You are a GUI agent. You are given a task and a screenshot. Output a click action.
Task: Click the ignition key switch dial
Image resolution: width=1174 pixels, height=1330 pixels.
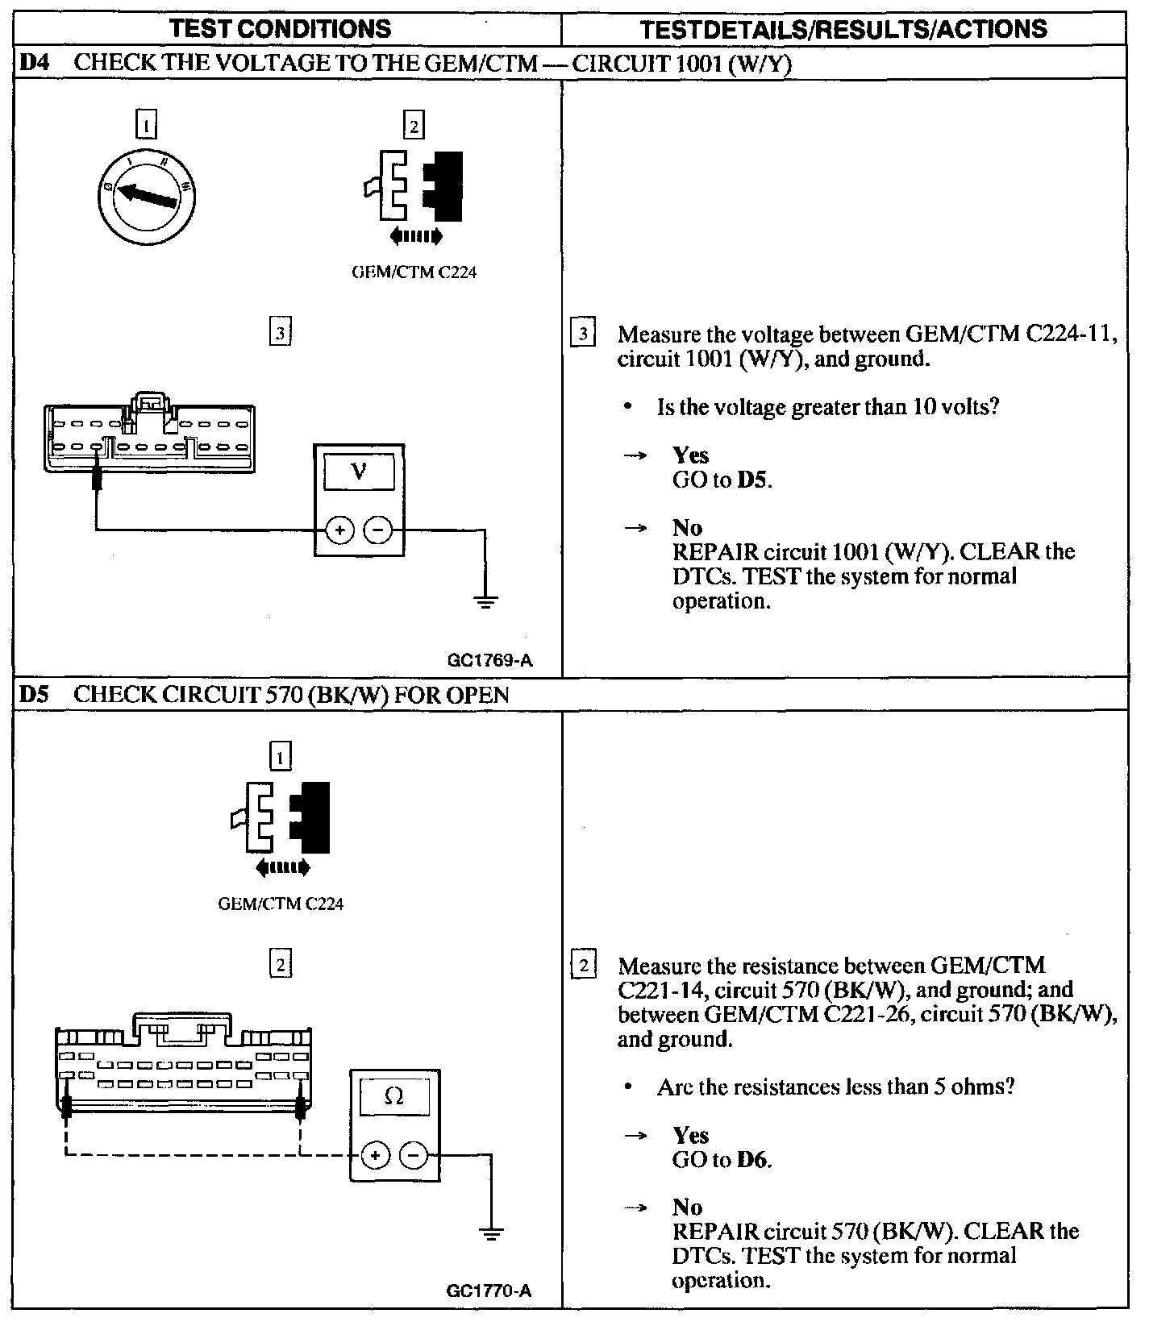[x=146, y=196]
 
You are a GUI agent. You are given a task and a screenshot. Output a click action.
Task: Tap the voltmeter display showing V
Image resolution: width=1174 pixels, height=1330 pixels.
[x=359, y=471]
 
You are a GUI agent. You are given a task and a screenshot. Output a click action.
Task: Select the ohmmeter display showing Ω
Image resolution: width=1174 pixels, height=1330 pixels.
[x=394, y=1096]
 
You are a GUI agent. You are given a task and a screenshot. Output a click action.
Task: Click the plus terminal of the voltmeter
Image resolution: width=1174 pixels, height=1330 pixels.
[x=340, y=530]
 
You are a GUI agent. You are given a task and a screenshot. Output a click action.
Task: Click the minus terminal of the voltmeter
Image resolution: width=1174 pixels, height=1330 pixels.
[x=378, y=530]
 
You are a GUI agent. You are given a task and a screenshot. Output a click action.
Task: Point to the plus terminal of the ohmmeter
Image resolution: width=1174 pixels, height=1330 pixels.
[x=375, y=1155]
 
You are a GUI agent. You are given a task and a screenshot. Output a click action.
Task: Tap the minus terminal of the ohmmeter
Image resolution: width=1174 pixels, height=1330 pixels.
[x=413, y=1155]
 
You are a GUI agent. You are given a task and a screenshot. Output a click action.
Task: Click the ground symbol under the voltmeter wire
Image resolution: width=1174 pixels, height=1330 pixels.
[x=485, y=600]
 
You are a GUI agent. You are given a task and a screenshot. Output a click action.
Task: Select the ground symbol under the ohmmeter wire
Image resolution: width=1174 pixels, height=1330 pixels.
[x=491, y=1232]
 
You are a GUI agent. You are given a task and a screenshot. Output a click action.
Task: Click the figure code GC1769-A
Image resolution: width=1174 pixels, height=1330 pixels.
[x=489, y=661]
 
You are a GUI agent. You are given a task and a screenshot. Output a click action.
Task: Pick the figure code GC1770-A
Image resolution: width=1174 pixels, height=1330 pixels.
[x=489, y=1291]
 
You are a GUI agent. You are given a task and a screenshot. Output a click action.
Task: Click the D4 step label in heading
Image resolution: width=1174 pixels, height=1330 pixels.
[x=35, y=63]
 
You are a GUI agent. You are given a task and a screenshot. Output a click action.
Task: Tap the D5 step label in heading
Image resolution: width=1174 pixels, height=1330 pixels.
[x=35, y=694]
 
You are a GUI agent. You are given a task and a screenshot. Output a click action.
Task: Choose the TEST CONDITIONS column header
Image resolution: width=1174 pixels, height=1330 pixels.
[x=281, y=29]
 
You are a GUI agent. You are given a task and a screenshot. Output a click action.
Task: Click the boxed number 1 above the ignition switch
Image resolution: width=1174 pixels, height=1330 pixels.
[x=146, y=126]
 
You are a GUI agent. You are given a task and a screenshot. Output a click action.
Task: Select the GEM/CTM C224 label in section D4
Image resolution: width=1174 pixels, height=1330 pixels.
[x=414, y=272]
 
